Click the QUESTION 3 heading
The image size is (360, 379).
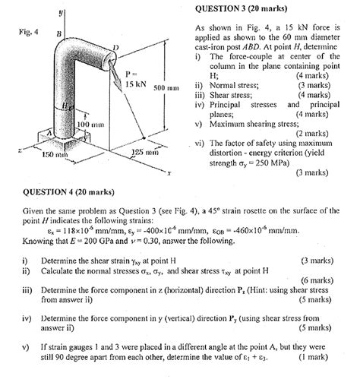241,9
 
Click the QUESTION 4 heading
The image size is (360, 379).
68,192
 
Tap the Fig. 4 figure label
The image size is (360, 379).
29,32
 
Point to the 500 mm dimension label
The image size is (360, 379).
166,88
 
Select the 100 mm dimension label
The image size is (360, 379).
90,125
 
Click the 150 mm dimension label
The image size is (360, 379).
55,154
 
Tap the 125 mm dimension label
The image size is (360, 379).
145,152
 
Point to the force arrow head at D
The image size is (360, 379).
118,83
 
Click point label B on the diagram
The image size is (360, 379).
59,33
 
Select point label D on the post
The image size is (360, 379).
115,47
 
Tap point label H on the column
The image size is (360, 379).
65,106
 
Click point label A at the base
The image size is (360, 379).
50,132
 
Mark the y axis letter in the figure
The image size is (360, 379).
61,13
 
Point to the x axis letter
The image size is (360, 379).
169,173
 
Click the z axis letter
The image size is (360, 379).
20,150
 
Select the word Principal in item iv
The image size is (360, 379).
225,105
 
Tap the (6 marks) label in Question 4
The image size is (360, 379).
317,280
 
